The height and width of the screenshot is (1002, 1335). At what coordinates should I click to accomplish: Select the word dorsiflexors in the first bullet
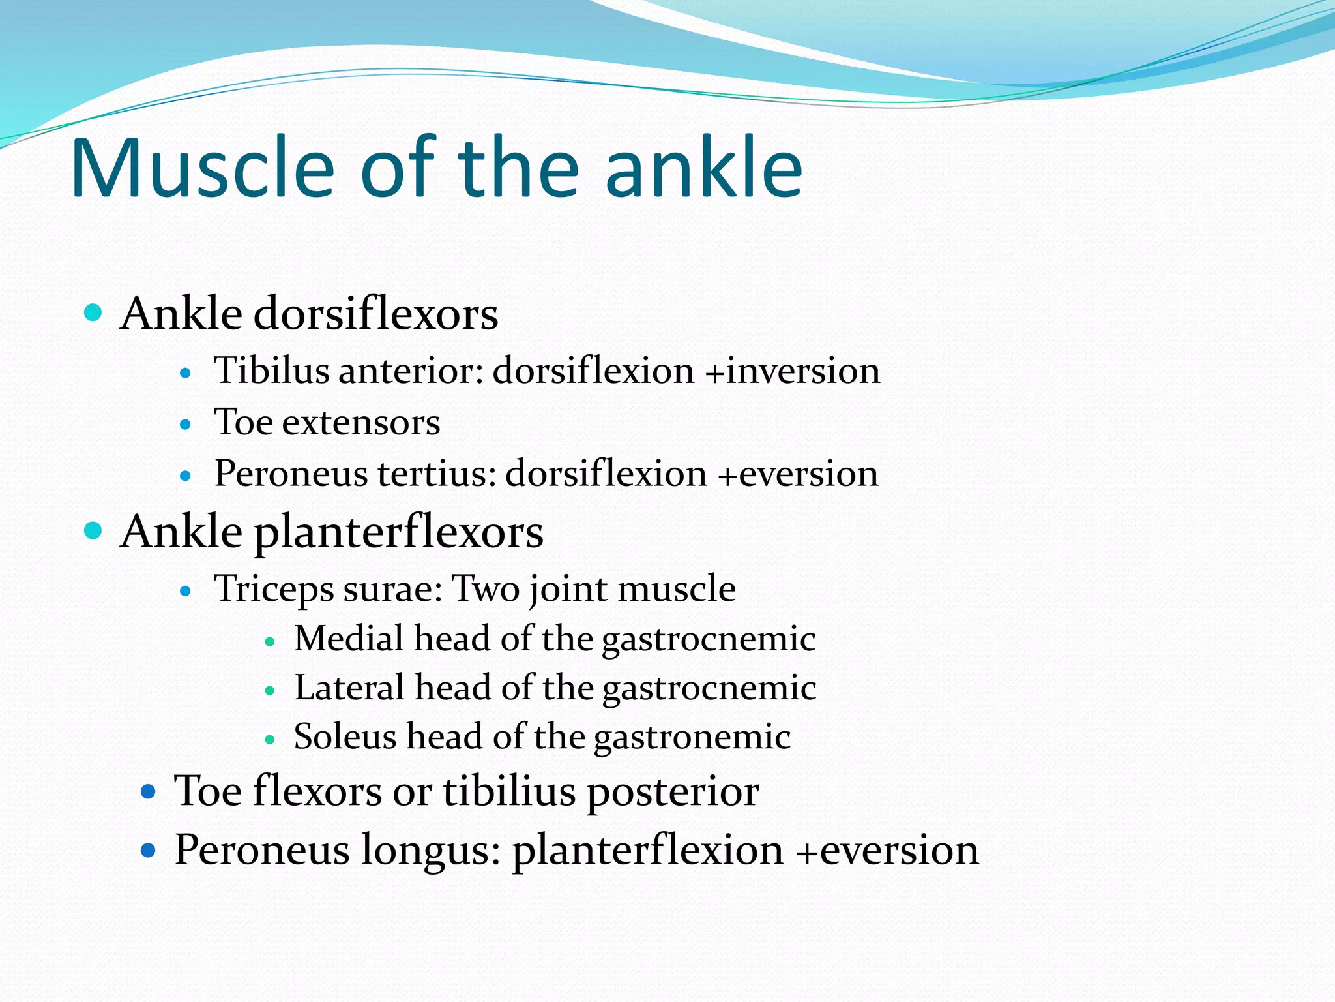(x=375, y=314)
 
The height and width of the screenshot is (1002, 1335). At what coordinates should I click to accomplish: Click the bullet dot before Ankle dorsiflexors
(x=94, y=312)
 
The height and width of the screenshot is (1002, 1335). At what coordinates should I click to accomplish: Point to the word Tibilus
(x=272, y=371)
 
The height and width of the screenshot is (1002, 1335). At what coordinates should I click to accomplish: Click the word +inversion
(x=793, y=371)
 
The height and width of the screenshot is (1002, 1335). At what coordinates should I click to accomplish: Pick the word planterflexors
(x=398, y=532)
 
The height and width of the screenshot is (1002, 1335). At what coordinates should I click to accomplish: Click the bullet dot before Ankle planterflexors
(x=94, y=530)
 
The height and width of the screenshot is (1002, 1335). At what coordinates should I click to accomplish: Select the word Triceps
(x=273, y=589)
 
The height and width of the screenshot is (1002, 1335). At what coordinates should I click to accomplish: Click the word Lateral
(x=349, y=688)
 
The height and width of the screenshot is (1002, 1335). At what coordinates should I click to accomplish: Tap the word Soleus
(x=345, y=736)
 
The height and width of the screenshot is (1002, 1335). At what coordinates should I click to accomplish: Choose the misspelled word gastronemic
(x=692, y=738)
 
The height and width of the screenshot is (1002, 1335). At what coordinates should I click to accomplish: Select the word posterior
(x=673, y=792)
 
